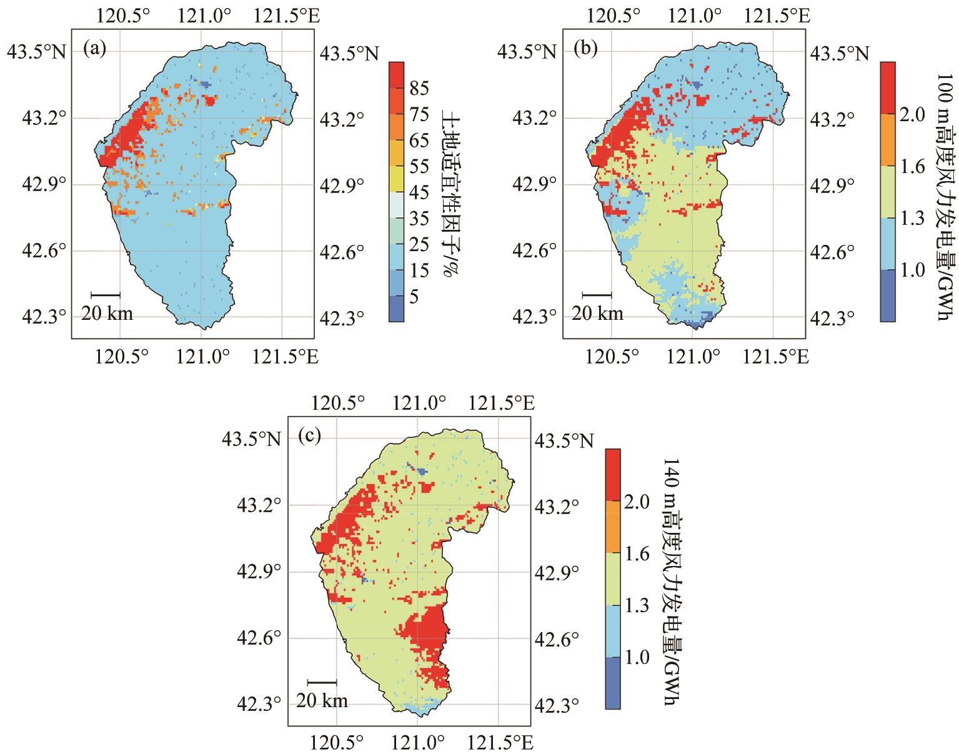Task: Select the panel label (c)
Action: [310, 436]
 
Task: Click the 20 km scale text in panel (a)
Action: [107, 314]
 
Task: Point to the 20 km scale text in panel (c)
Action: [322, 701]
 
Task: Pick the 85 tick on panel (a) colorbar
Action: [420, 89]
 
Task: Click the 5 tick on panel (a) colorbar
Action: [415, 297]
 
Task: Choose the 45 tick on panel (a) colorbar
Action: [420, 193]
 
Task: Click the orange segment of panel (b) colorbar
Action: [889, 139]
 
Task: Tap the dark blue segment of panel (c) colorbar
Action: [613, 683]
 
